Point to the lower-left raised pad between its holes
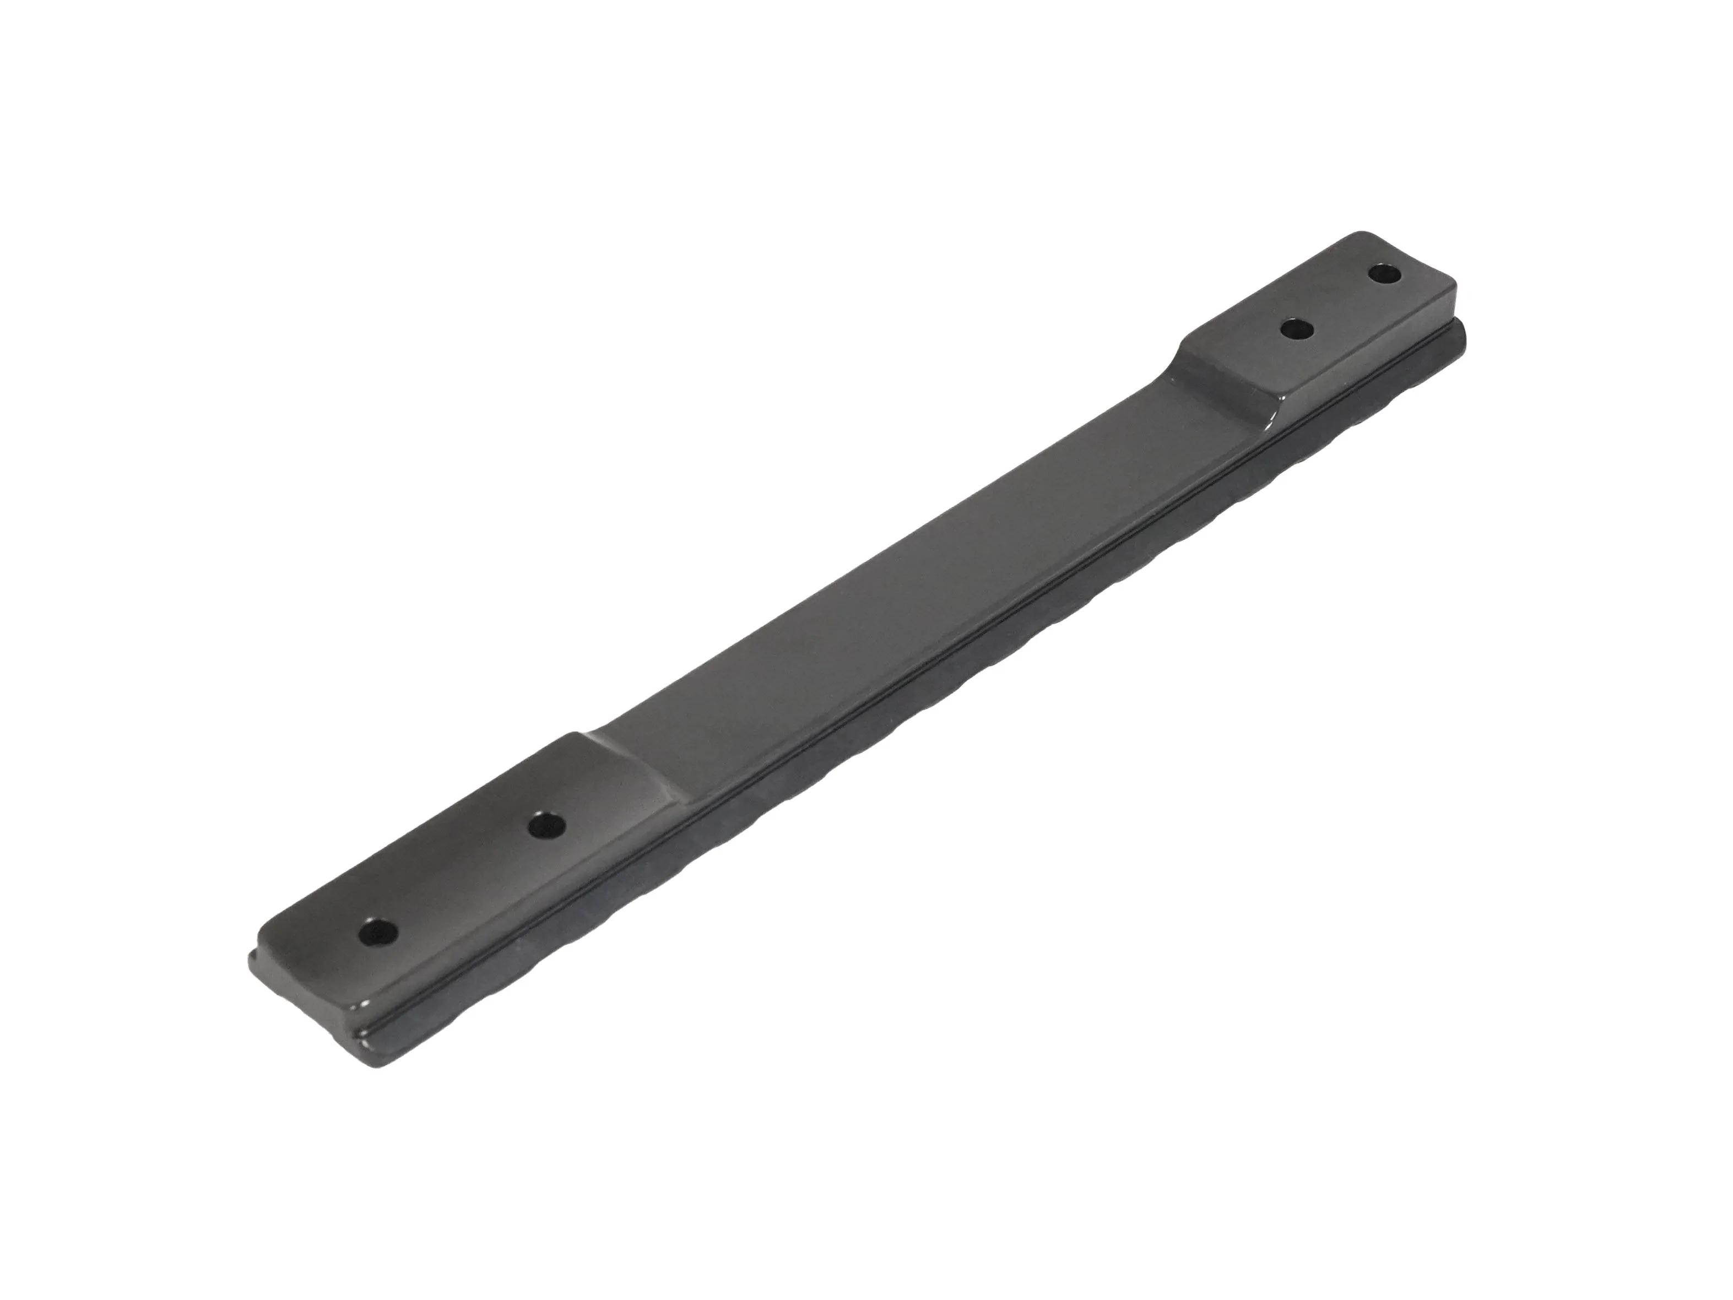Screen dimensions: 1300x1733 [x=462, y=877]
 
